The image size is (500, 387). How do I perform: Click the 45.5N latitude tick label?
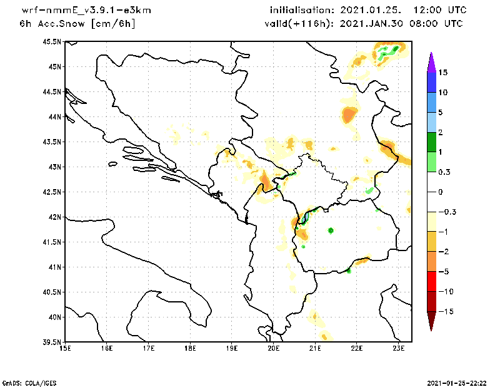pyautogui.click(x=52, y=42)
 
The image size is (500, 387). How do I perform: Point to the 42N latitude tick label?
pyautogui.click(x=54, y=217)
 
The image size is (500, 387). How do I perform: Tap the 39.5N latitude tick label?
pyautogui.click(x=52, y=343)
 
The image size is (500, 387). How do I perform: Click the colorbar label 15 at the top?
pyautogui.click(x=442, y=73)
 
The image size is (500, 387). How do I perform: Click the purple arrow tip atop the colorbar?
pyautogui.click(x=431, y=61)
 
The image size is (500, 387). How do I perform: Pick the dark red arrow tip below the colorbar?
pyautogui.click(x=431, y=321)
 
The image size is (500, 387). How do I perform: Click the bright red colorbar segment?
pyautogui.click(x=431, y=281)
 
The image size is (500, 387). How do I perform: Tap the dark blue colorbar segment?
pyautogui.click(x=431, y=82)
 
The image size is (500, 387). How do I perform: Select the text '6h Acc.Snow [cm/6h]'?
pyautogui.click(x=77, y=24)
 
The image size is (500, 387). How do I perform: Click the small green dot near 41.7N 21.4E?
pyautogui.click(x=331, y=230)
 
